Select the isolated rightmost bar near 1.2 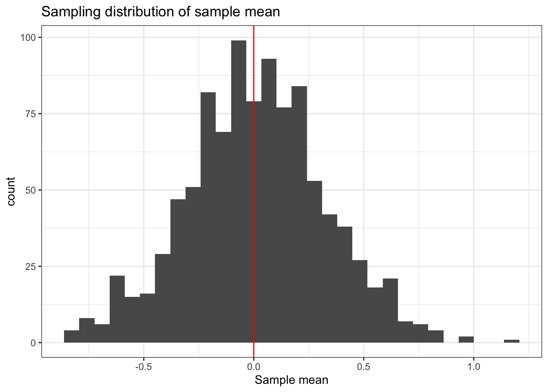click(511, 341)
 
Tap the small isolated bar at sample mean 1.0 click(466, 339)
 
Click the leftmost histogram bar click(71, 336)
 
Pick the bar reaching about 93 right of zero click(269, 200)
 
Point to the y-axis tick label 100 click(28, 38)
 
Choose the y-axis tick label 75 click(30, 114)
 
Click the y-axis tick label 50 click(30, 190)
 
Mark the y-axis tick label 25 click(30, 267)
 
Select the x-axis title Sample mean click(291, 381)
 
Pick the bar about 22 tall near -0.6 click(117, 309)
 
